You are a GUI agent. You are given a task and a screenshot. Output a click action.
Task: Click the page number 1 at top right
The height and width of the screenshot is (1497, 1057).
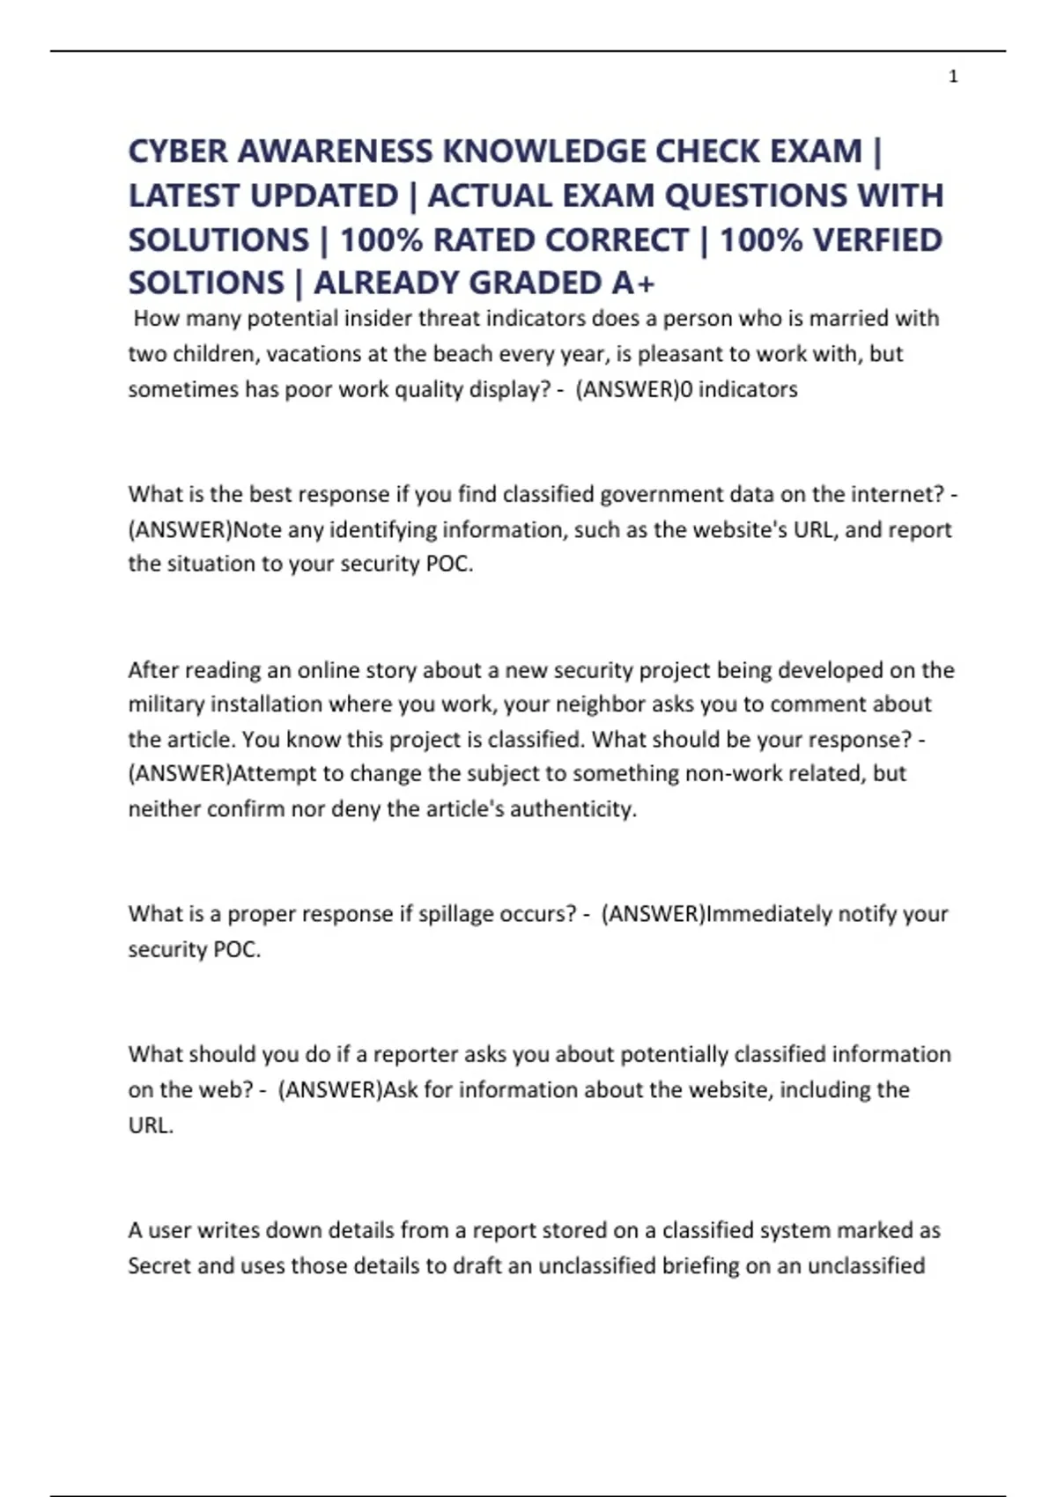[953, 77]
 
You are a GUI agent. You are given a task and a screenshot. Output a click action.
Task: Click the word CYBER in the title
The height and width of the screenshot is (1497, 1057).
[178, 151]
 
